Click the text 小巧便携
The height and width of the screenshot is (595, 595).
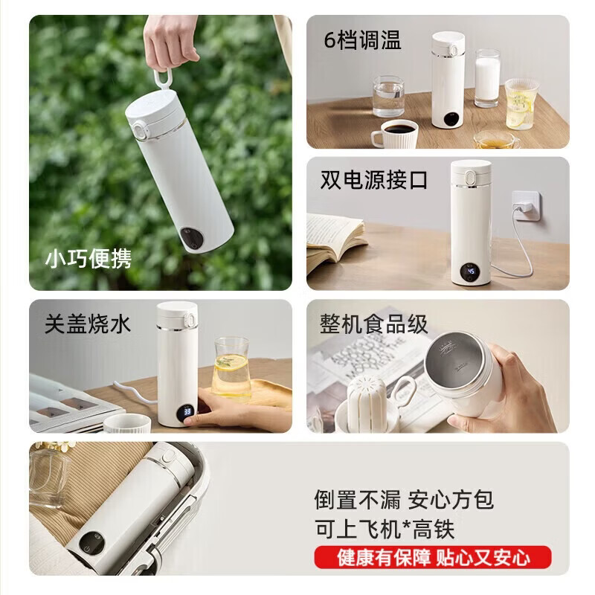point(88,259)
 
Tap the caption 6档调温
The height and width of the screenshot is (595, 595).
point(362,40)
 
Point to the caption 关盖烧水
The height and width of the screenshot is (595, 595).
point(88,324)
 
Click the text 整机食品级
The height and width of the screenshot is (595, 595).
point(374,324)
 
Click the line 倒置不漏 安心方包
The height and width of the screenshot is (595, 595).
point(403,500)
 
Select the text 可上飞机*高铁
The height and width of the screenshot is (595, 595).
point(384,529)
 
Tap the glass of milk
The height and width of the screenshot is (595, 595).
point(487,78)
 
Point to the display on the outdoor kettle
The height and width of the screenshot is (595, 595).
point(191,239)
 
